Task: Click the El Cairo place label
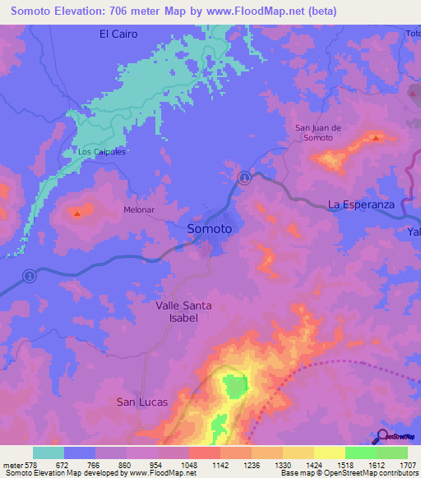point(118,34)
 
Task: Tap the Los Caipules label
point(102,152)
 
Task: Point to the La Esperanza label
point(362,204)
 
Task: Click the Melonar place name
point(139,209)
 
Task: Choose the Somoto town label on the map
point(210,229)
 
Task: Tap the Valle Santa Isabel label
point(183,311)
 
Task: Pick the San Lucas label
point(141,402)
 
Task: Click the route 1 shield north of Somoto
point(244,178)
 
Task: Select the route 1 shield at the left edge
point(29,275)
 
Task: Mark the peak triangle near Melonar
point(77,214)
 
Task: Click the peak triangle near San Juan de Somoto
point(376,138)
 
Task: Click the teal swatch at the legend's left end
point(49,453)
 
